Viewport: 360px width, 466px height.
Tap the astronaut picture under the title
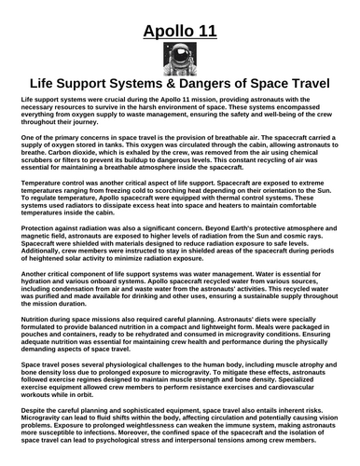[x=180, y=64]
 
